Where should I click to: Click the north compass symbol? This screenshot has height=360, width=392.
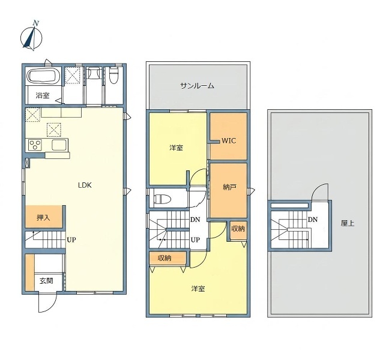31,37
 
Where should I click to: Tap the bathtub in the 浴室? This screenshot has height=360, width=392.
43,76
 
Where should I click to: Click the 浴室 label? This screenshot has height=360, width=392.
43,95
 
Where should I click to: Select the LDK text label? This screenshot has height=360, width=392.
85,185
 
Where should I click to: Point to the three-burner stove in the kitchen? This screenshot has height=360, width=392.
35,145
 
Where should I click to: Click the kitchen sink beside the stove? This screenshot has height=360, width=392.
59,145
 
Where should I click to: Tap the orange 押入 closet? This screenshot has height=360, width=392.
43,217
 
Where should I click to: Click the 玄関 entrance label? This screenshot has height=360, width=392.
46,281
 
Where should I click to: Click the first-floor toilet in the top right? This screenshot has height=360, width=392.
113,75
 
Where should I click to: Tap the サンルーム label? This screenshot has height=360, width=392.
198,86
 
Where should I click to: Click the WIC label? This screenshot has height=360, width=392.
229,141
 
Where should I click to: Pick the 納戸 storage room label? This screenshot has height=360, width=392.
229,187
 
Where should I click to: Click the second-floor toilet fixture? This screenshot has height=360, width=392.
163,199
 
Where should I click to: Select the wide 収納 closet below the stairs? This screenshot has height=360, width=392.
168,258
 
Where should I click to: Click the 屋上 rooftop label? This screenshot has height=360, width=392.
348,223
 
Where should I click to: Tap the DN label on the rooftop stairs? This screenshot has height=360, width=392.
313,220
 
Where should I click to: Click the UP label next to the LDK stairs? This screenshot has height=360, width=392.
71,240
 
